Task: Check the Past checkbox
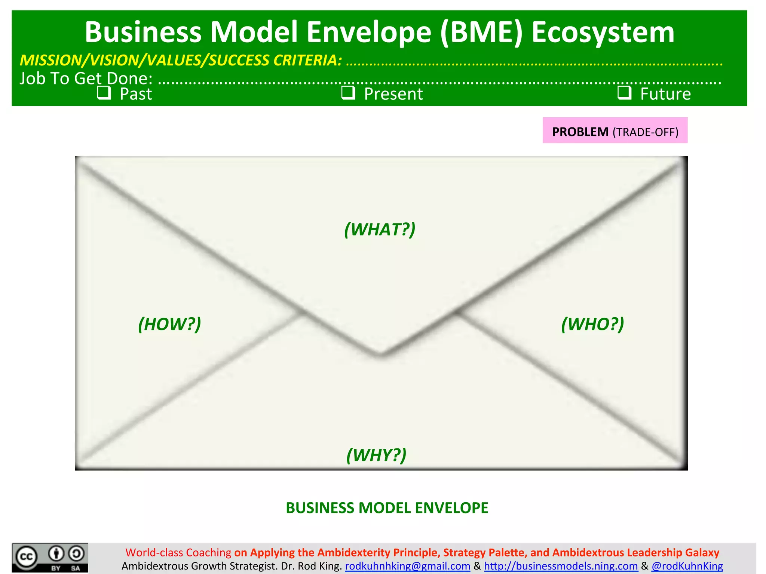pyautogui.click(x=104, y=93)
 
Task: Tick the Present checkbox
pyautogui.click(x=348, y=93)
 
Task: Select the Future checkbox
pyautogui.click(x=624, y=93)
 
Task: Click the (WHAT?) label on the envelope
pyautogui.click(x=380, y=229)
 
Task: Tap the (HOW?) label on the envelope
pyautogui.click(x=169, y=324)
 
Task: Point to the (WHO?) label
pyautogui.click(x=592, y=324)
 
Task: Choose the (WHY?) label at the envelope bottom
pyautogui.click(x=376, y=455)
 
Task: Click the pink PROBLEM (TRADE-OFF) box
pyautogui.click(x=615, y=131)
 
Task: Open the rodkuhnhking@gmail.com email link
pyautogui.click(x=407, y=566)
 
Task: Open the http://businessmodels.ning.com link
pyautogui.click(x=561, y=566)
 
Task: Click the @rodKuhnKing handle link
pyautogui.click(x=687, y=566)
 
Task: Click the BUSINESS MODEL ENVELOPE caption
pyautogui.click(x=387, y=508)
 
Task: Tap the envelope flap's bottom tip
pyautogui.click(x=380, y=355)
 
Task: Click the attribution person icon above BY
pyautogui.click(x=56, y=553)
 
